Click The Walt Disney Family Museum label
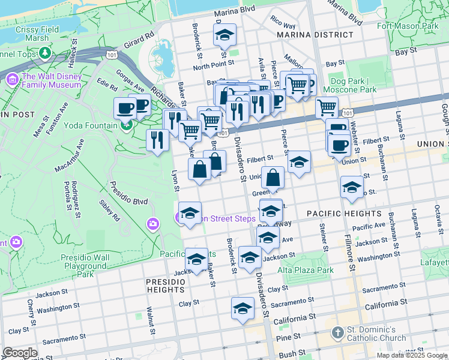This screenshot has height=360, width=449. [51, 80]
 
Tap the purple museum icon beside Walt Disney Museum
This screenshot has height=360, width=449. [12, 79]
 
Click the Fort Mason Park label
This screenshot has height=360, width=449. [408, 26]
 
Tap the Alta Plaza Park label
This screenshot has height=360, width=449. [305, 271]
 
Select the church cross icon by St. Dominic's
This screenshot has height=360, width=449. [337, 332]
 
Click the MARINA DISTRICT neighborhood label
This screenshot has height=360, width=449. [309, 35]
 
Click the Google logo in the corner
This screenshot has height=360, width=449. [20, 353]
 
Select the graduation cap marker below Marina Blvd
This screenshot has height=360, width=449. [225, 35]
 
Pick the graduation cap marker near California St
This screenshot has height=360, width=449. [243, 309]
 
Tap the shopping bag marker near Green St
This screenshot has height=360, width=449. [273, 178]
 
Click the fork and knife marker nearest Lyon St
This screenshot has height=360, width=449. [157, 140]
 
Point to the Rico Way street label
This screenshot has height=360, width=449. [282, 26]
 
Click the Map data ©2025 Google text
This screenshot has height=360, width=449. [411, 355]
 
